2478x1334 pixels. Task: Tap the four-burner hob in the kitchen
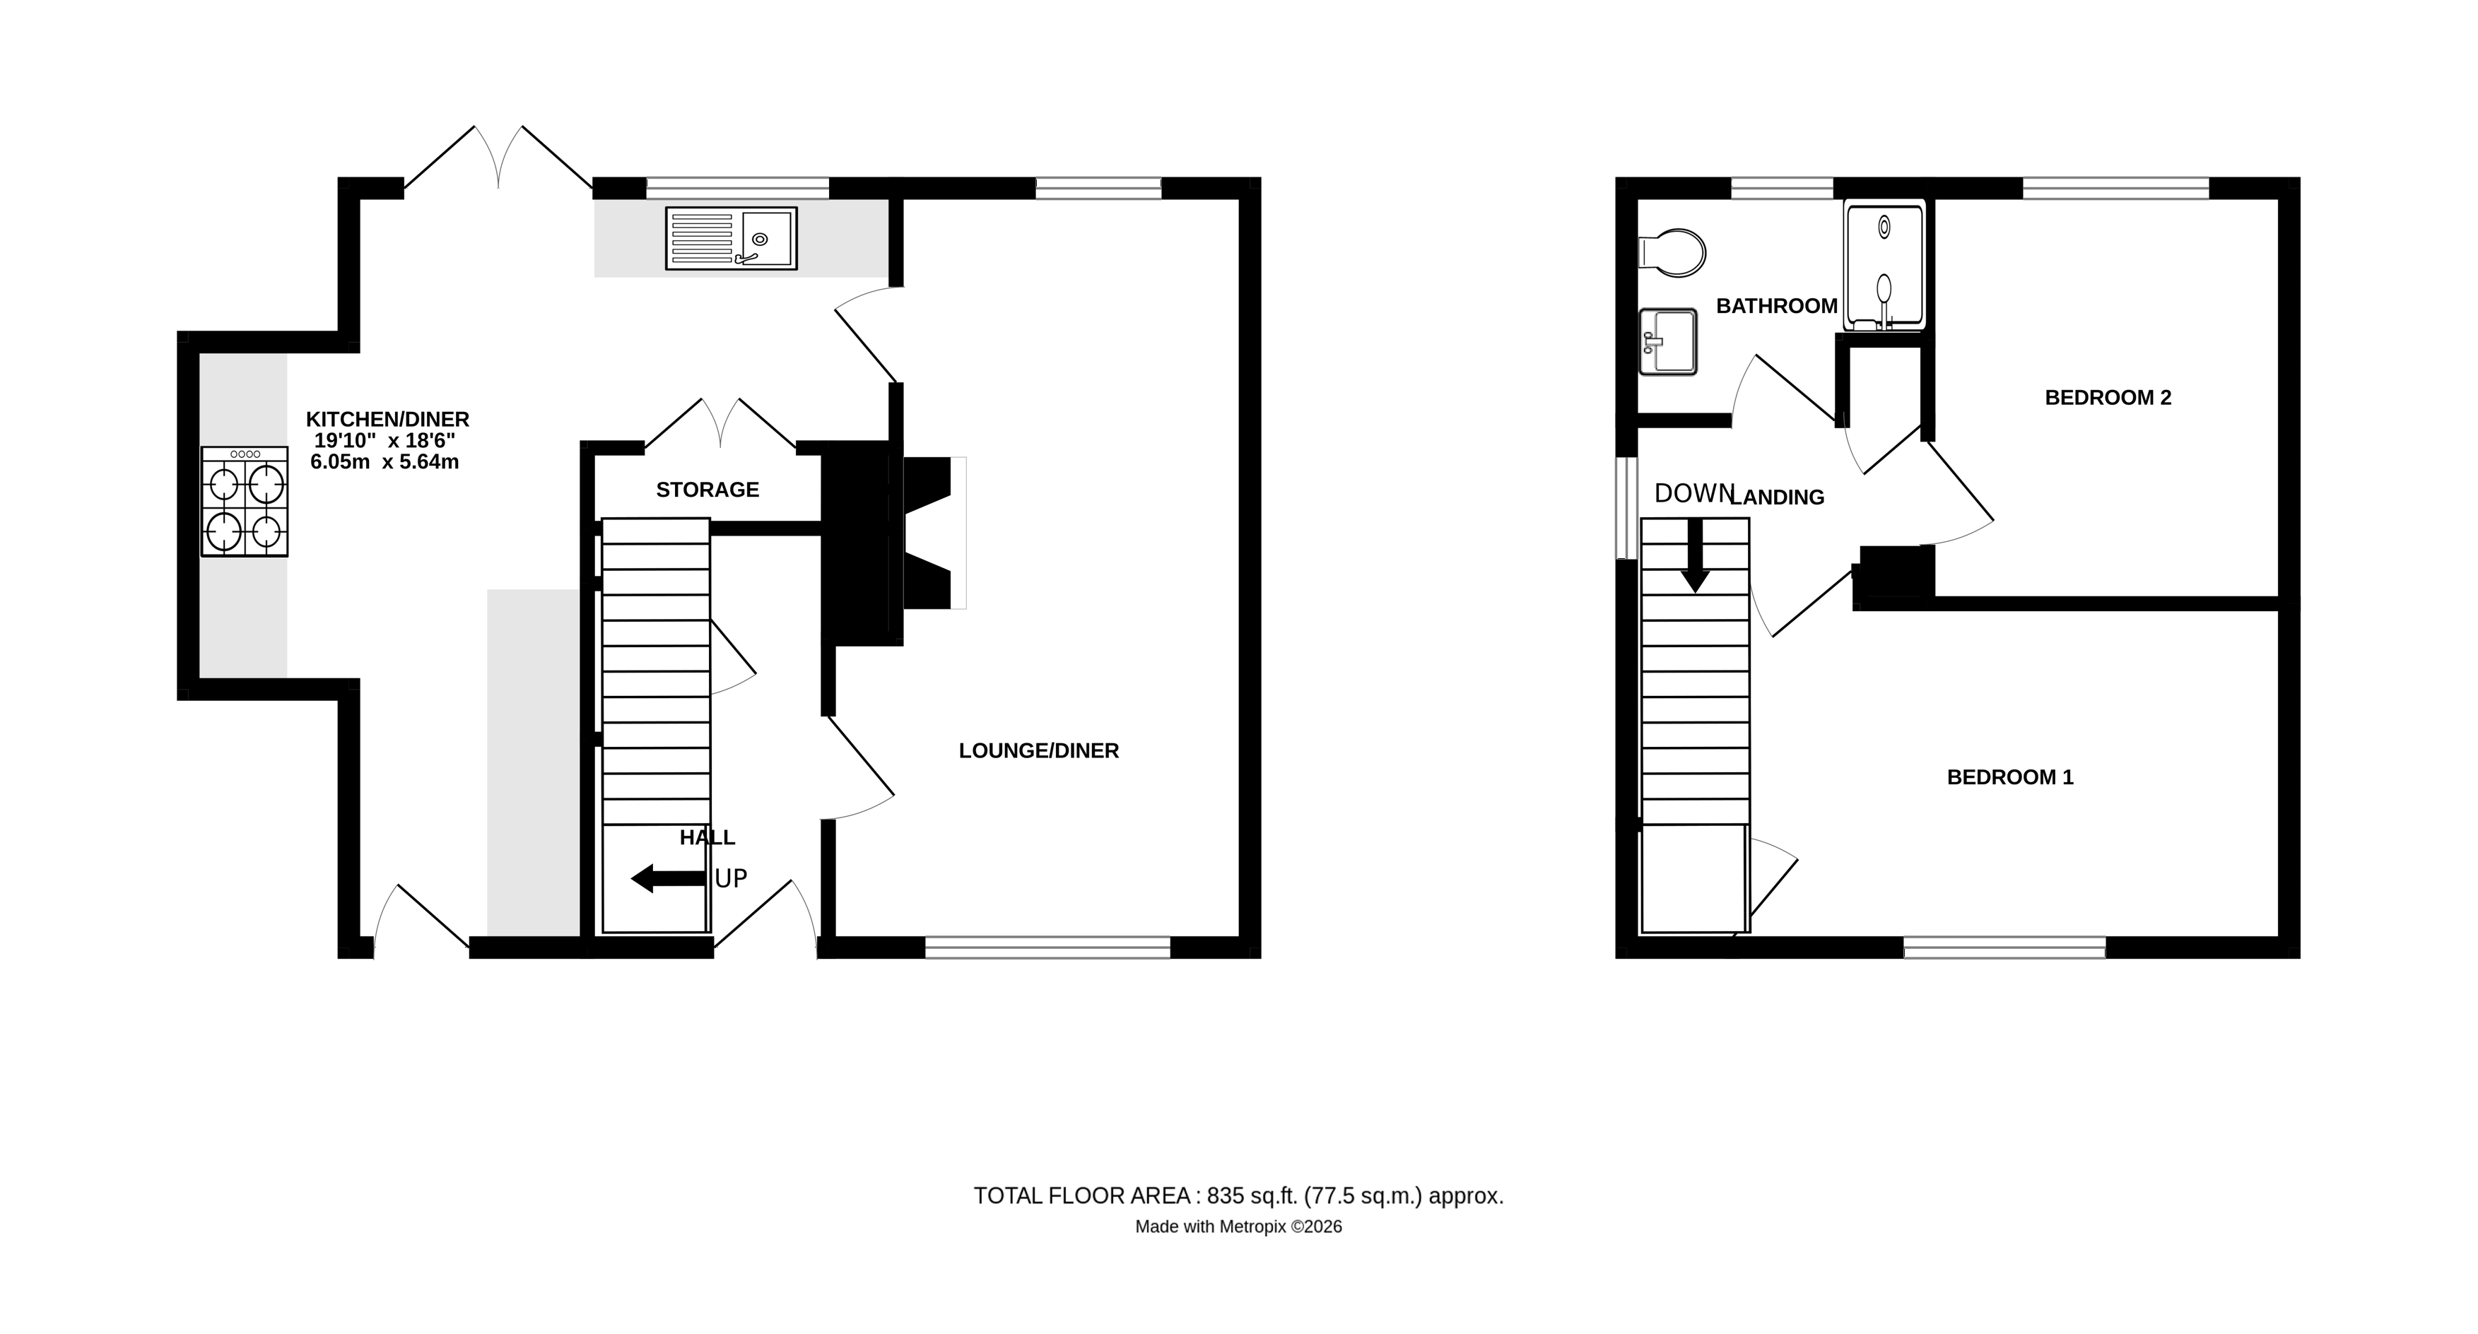245,501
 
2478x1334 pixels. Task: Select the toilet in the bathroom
1673,253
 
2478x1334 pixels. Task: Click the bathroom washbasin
1669,341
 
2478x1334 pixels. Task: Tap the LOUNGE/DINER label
1039,750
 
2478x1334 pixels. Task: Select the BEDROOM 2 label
2108,397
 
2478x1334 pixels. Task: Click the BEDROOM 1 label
2009,777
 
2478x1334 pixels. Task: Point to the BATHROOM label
1777,306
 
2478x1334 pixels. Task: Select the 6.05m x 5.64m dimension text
384,461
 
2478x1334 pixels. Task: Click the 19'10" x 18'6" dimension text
384,440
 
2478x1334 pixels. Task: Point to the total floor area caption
1238,1196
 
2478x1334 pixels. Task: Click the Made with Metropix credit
1238,1227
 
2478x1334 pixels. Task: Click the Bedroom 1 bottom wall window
2004,948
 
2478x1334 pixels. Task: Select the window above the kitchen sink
737,187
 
